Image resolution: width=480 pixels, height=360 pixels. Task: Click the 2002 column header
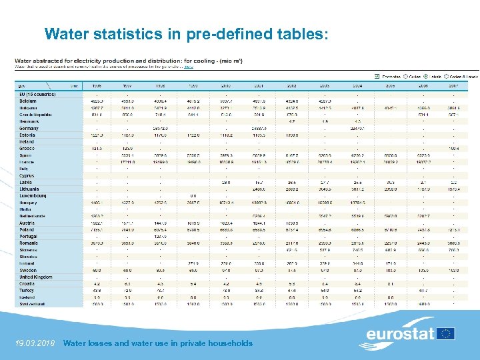click(291, 86)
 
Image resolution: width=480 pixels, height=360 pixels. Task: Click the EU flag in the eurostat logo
click(445, 333)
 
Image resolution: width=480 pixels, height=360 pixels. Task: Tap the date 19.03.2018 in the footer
click(35, 343)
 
